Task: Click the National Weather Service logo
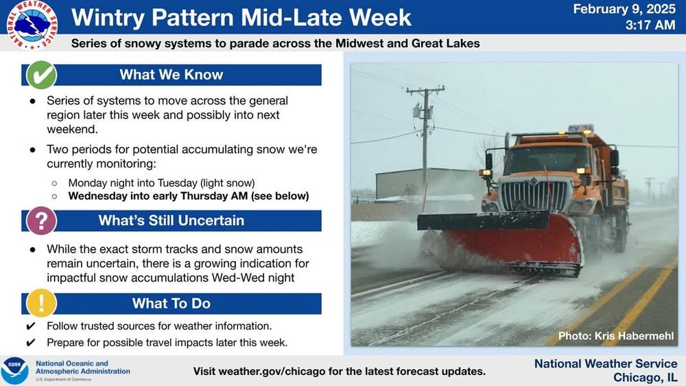tap(32, 25)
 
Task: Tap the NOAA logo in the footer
tap(14, 370)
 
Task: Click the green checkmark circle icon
tap(41, 75)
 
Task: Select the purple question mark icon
tap(41, 221)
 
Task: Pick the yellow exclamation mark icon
tap(41, 303)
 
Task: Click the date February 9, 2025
tap(624, 9)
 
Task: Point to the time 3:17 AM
tap(650, 25)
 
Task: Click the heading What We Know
tap(171, 74)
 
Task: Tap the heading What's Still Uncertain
tap(171, 220)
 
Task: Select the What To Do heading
tap(171, 303)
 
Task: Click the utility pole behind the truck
tap(425, 140)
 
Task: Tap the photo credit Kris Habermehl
tap(616, 336)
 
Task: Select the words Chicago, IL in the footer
tap(646, 378)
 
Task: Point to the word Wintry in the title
tap(108, 18)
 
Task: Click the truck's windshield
tap(547, 159)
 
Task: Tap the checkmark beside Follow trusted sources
tap(31, 326)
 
